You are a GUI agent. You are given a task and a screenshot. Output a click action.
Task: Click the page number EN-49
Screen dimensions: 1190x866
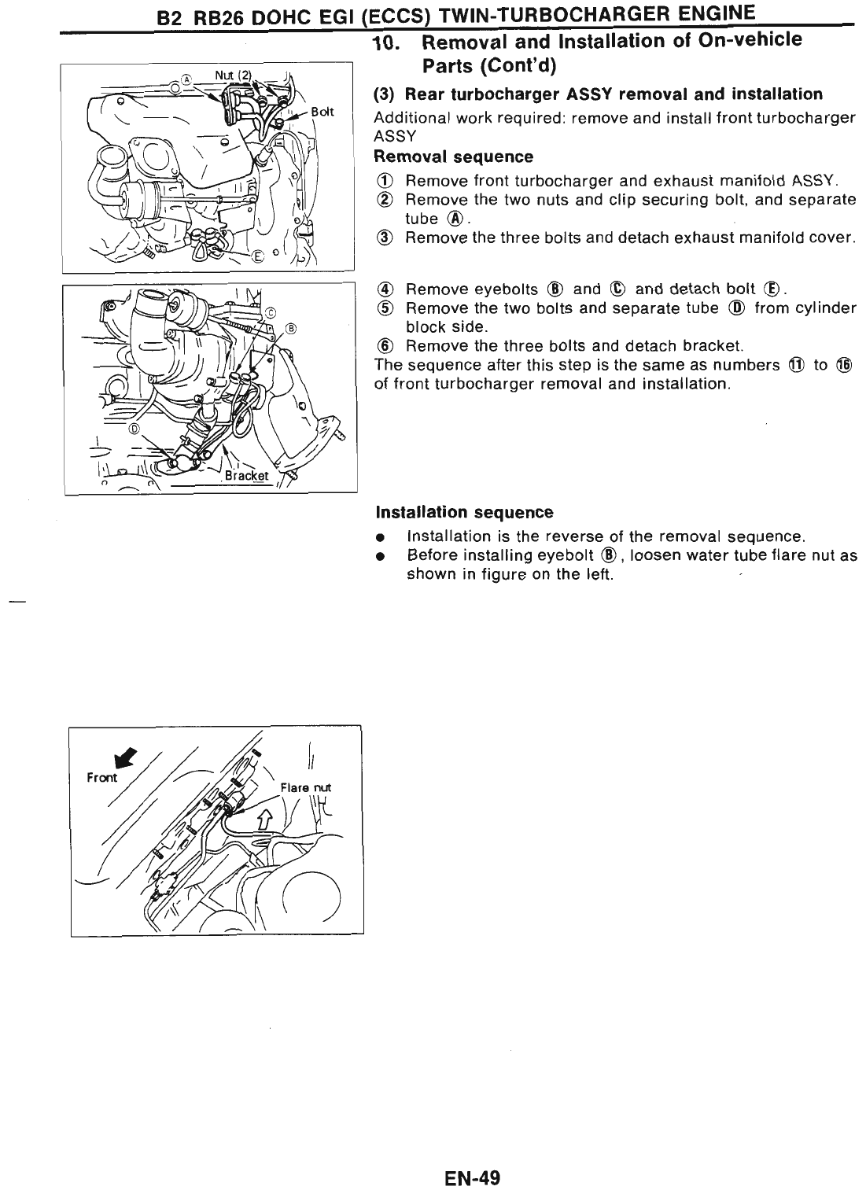(x=471, y=1177)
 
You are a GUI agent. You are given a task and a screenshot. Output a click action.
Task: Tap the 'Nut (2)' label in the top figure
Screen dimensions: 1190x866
(x=232, y=76)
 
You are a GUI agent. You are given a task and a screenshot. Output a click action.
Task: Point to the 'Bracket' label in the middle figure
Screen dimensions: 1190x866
(x=246, y=475)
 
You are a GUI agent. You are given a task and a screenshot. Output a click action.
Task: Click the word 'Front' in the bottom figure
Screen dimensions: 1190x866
(x=101, y=777)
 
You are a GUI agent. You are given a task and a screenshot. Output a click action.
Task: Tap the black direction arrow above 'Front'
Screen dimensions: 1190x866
(x=124, y=757)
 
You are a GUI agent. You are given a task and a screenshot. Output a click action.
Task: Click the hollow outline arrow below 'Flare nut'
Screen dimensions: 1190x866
(x=263, y=820)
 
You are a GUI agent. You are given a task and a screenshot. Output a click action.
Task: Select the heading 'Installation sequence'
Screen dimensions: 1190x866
(x=464, y=512)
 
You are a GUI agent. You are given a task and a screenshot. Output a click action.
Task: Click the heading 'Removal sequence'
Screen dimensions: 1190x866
(x=454, y=157)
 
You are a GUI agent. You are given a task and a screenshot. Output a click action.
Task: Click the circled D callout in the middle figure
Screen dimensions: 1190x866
(x=134, y=429)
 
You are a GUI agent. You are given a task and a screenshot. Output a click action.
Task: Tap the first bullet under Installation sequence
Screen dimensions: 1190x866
(x=380, y=538)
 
